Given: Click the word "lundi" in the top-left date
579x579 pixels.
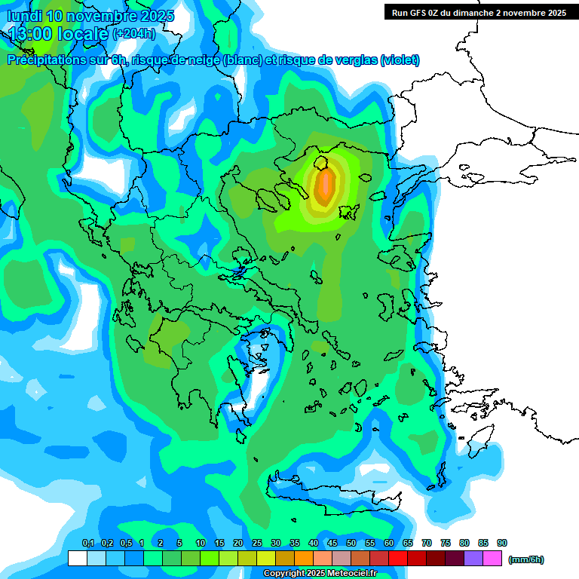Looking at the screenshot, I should (x=24, y=16).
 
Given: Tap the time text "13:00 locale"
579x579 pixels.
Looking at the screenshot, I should (x=59, y=33).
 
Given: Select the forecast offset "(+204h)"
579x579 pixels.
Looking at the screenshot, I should (x=134, y=33).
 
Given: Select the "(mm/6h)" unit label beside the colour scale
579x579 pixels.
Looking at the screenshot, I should (x=525, y=559).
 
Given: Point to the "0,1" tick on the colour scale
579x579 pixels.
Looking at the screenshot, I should (x=87, y=543).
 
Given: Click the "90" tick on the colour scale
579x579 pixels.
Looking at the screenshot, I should (x=502, y=543).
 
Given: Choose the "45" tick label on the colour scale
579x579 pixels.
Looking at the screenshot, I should (x=332, y=543).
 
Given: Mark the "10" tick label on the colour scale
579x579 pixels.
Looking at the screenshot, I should (x=201, y=543).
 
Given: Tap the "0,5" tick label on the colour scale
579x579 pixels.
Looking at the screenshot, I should (x=125, y=543).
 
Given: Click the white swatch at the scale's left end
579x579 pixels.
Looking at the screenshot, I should (x=77, y=558).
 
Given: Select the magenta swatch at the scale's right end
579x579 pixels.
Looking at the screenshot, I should (x=492, y=558).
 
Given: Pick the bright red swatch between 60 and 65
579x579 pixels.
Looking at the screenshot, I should (x=398, y=558).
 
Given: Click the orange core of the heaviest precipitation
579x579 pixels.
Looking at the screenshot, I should (x=325, y=186).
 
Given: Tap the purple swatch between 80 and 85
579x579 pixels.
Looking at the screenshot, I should (x=473, y=558).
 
